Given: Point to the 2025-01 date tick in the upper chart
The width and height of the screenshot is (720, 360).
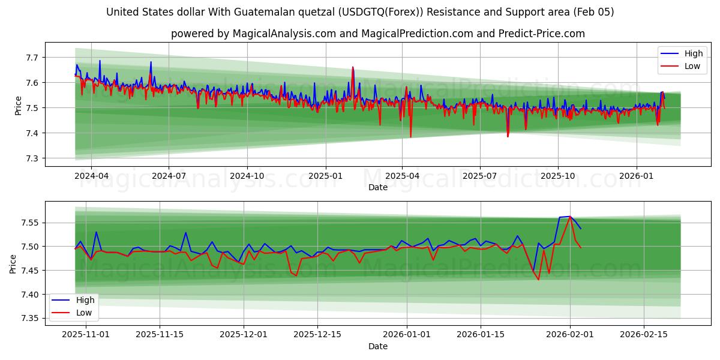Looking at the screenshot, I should click(x=325, y=176).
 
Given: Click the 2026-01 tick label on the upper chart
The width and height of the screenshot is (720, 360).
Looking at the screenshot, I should click(x=636, y=176).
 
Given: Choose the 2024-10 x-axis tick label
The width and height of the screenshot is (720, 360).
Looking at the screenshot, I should click(x=247, y=176).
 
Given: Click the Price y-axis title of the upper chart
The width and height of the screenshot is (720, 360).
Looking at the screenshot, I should click(x=18, y=106).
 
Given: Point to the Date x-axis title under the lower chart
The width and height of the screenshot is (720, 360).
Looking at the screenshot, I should click(x=378, y=346).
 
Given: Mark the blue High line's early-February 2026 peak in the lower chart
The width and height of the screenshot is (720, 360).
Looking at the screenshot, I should click(x=569, y=217).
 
